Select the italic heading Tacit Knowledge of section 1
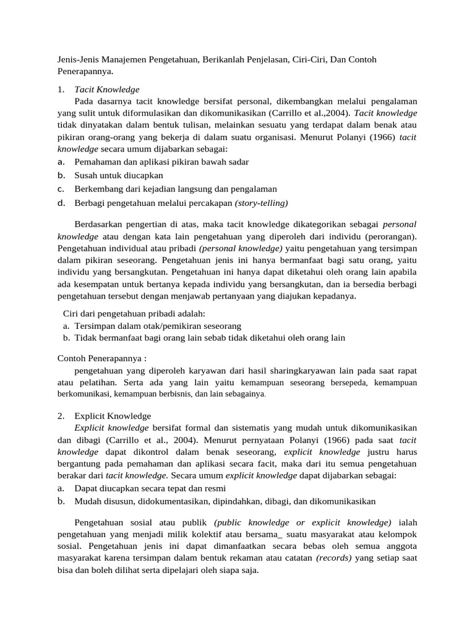106,89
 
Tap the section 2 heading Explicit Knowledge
113,416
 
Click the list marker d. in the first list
61,203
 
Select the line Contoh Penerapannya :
103,358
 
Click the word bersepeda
349,383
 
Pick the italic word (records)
334,558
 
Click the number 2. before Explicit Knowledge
61,416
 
